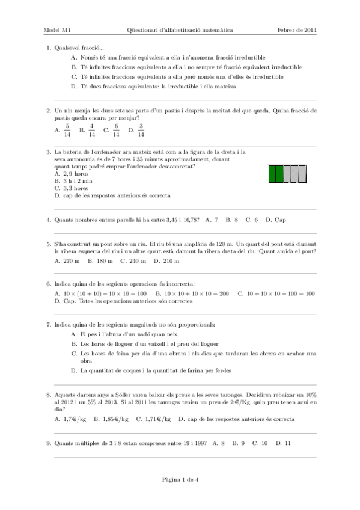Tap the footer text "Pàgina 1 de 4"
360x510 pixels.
coord(180,479)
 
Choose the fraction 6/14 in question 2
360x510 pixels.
coord(116,130)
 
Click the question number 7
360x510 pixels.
coord(48,325)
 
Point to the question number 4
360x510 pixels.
coord(48,220)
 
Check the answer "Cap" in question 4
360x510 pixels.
coord(280,220)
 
